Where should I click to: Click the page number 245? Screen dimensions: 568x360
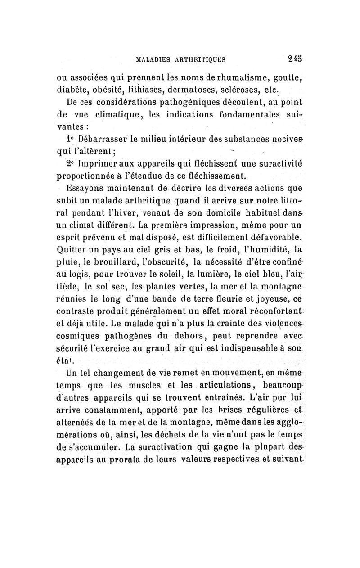[x=295, y=58]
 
